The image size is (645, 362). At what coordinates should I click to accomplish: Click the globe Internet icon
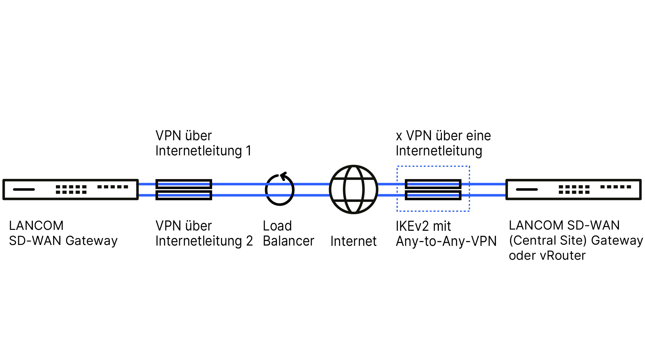pos(353,189)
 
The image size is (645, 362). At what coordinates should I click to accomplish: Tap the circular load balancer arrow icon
pos(280,190)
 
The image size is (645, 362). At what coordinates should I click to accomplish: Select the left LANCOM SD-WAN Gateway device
pos(70,189)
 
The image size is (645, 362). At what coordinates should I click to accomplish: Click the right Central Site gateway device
pos(573,189)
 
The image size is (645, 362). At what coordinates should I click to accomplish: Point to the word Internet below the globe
pos(353,241)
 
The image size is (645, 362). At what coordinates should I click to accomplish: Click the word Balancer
pos(288,241)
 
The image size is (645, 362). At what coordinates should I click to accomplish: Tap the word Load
pos(277,226)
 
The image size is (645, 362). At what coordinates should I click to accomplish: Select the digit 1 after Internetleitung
pos(249,151)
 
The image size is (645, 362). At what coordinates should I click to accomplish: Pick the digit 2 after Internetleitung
pos(249,241)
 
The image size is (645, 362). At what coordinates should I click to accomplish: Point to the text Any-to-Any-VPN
pos(446,241)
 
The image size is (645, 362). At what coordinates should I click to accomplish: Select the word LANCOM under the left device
pos(36,226)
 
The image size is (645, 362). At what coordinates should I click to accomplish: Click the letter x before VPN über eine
pos(399,136)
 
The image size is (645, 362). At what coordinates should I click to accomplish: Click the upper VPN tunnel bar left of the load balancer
pos(184,184)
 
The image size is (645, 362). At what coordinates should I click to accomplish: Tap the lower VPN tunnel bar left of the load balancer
pos(184,195)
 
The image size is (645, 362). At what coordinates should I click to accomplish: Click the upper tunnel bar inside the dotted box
pos(433,184)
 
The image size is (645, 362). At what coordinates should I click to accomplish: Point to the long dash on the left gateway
pos(24,189)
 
